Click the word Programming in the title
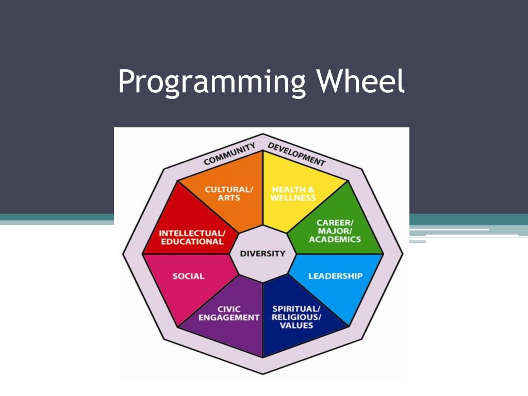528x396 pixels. click(212, 82)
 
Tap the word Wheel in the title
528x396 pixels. click(360, 80)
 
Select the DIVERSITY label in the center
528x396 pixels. click(262, 254)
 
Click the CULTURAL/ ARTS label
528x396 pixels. click(228, 194)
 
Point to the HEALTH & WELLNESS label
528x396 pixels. click(293, 194)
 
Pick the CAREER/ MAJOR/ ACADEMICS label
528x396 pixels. click(335, 231)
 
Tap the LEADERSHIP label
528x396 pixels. click(335, 276)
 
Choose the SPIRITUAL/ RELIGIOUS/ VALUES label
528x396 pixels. click(296, 317)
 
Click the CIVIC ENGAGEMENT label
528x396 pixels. click(228, 313)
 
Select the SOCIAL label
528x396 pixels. click(188, 276)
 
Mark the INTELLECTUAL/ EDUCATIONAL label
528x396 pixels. click(192, 237)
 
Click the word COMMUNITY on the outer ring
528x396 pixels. click(229, 154)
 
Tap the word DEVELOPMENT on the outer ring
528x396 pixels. click(296, 154)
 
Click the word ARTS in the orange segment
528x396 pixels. click(228, 198)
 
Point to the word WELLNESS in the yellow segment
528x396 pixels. click(293, 198)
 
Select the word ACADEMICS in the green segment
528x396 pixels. click(335, 239)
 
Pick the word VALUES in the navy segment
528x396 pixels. click(296, 326)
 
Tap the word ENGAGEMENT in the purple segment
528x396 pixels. click(228, 318)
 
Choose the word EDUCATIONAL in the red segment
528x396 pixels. click(192, 242)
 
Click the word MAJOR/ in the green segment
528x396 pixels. click(335, 231)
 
